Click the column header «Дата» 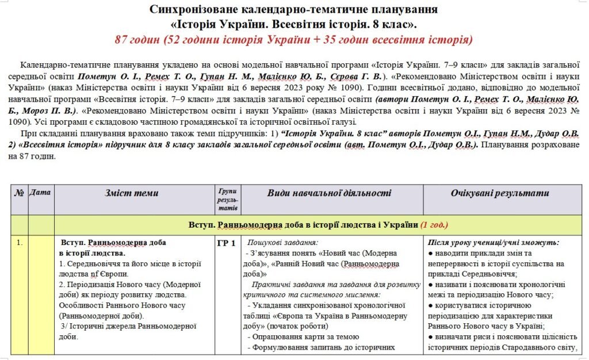coord(40,193)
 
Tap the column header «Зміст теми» coord(132,193)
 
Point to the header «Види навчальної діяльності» coord(328,193)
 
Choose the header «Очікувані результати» coord(499,193)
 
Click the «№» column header coord(19,193)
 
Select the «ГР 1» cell coord(226,243)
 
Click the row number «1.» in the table coord(20,243)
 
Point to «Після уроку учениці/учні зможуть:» coord(494,243)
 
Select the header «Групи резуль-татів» coord(226,199)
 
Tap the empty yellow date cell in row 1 coord(40,293)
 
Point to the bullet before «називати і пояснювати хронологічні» coord(431,285)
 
